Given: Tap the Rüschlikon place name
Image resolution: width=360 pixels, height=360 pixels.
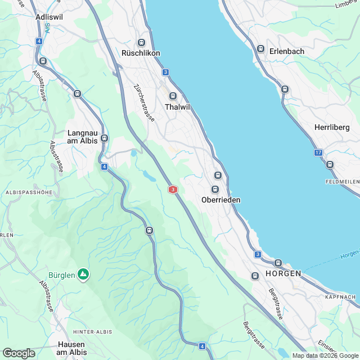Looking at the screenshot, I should (x=141, y=53).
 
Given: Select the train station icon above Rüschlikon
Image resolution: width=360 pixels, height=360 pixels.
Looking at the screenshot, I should (x=141, y=43).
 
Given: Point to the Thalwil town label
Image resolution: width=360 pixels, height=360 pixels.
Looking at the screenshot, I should (x=176, y=106).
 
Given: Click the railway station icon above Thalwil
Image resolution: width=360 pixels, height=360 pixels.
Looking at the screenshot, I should (x=173, y=96).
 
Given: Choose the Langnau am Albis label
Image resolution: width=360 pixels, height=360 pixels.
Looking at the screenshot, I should (x=83, y=137).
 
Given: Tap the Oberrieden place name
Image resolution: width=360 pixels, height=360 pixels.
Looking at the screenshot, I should (x=221, y=200).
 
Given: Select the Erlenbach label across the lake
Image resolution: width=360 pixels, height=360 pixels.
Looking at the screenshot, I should (x=286, y=51).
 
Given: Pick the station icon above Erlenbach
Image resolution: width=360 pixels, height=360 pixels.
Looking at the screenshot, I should (x=260, y=48).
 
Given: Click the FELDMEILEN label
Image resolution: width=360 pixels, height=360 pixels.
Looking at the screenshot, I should (x=342, y=182).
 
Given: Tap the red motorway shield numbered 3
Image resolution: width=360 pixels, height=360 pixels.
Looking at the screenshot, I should (x=173, y=190).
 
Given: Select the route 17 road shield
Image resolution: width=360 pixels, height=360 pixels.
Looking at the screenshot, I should (x=318, y=152).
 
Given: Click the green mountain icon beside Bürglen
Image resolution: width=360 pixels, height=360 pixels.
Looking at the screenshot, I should (x=83, y=274).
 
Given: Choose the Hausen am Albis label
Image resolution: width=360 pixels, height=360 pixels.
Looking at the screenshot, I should (x=71, y=348).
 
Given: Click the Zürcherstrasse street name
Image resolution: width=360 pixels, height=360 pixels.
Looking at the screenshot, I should (x=144, y=103).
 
